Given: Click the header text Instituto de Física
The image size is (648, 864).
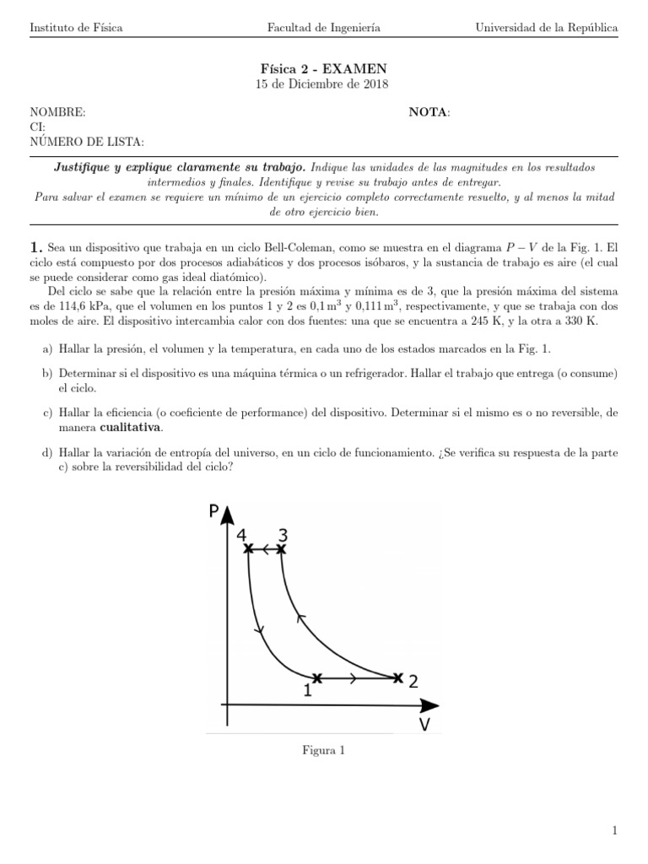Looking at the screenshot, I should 76,28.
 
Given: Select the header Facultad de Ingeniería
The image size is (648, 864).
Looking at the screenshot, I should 323,28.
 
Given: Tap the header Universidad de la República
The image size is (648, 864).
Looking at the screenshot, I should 547,28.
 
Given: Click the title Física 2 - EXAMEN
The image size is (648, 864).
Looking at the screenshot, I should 323,68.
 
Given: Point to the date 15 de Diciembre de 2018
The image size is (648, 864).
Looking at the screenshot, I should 323,84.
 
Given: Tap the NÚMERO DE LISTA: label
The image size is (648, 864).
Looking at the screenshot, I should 86,142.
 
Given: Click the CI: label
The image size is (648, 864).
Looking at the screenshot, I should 38,127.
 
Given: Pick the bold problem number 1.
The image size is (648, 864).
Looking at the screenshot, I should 35,247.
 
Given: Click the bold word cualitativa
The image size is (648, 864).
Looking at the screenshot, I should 125,427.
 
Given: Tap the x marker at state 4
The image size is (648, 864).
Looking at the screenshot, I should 248,549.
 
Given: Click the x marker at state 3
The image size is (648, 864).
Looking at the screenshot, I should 282,549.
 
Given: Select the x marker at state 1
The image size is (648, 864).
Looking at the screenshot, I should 316,678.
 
